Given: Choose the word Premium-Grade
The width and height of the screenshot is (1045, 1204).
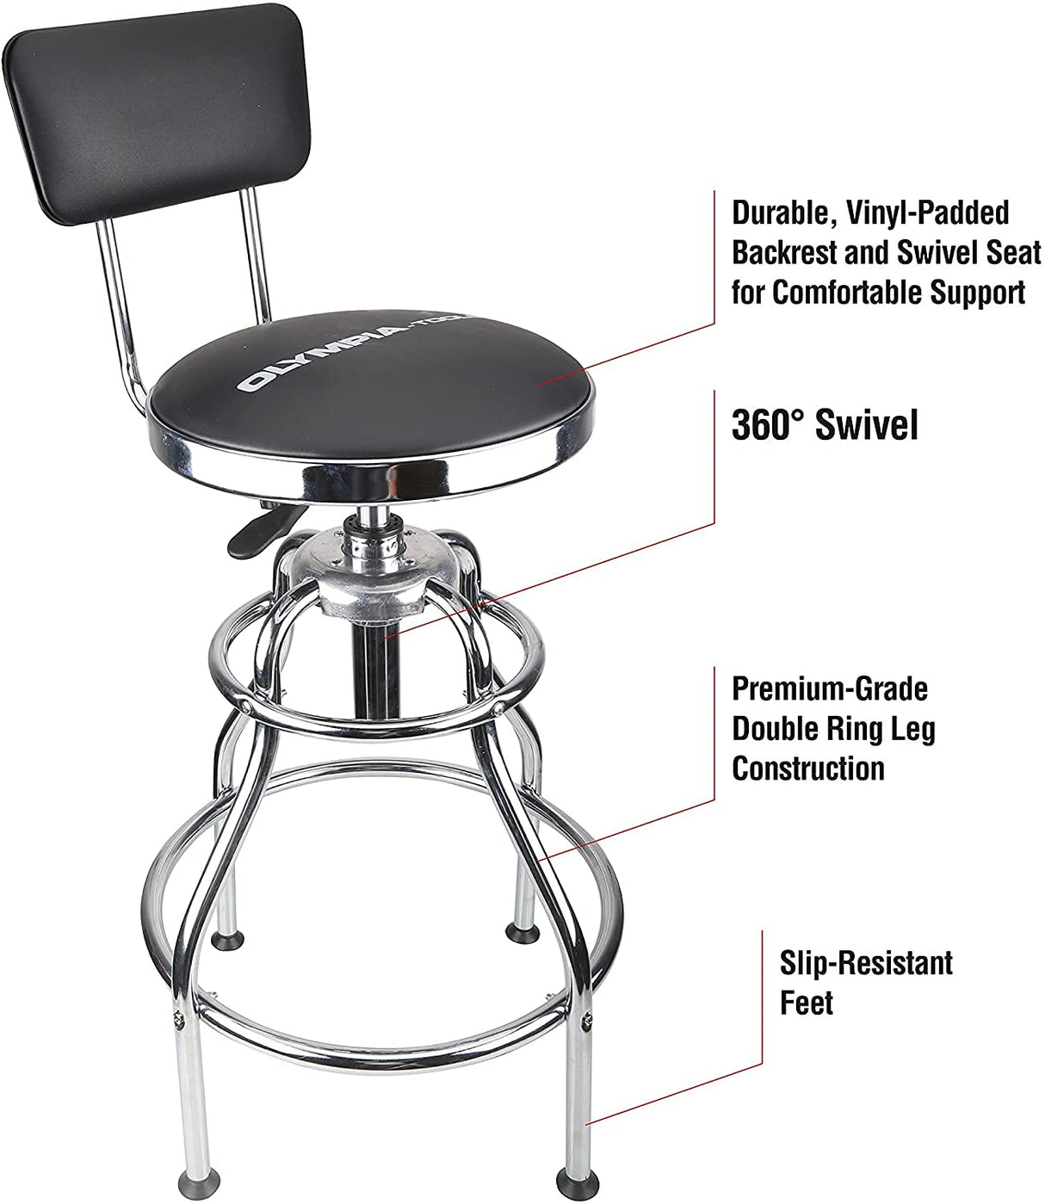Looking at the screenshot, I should click(x=830, y=688).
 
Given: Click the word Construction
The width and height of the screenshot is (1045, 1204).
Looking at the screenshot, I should click(x=808, y=768).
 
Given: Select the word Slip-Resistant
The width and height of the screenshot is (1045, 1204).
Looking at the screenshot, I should click(x=866, y=962).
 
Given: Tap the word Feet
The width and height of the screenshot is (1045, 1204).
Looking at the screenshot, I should click(x=807, y=1003).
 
